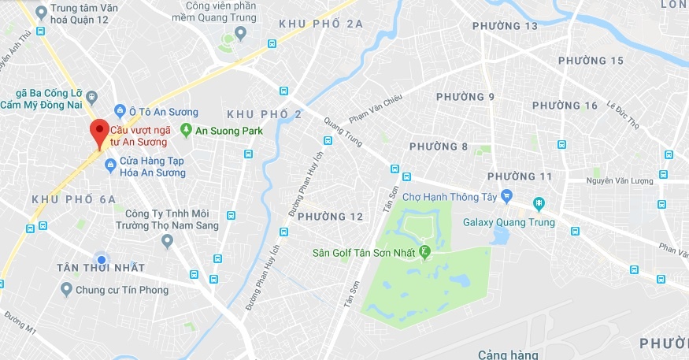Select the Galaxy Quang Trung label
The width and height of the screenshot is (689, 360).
point(509,222)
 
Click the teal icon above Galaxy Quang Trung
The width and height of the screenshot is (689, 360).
point(539,204)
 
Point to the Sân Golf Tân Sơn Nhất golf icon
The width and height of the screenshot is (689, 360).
point(425,252)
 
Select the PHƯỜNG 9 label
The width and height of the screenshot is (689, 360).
point(468,97)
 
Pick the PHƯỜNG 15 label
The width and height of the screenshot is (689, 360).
point(591,61)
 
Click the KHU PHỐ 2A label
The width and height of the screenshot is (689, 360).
point(321,24)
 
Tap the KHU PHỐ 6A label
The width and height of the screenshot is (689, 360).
point(74,199)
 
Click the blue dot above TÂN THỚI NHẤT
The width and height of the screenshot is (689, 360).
point(101,259)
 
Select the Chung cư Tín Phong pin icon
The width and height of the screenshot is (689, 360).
point(66,289)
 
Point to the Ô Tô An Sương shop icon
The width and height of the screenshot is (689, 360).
point(120,111)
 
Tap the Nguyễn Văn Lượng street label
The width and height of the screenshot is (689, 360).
point(620,181)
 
